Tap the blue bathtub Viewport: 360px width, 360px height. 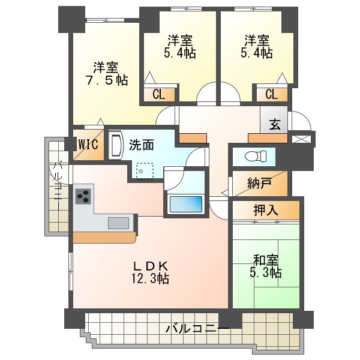click(x=186, y=203)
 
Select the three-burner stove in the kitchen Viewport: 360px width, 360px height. click(x=83, y=196)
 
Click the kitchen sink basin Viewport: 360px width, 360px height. click(x=118, y=223)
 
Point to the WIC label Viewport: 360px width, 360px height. click(x=89, y=145)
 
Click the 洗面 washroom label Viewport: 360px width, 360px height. click(x=142, y=145)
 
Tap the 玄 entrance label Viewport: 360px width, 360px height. click(x=275, y=125)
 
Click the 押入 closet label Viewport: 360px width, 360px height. click(x=266, y=211)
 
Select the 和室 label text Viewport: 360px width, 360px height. click(x=265, y=260)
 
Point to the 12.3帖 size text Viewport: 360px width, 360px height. click(x=149, y=278)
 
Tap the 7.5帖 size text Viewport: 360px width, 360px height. click(x=106, y=80)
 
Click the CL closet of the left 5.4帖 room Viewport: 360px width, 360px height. click(x=159, y=94)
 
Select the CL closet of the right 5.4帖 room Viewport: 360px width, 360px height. click(x=271, y=94)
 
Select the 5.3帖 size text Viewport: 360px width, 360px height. click(x=267, y=273)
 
